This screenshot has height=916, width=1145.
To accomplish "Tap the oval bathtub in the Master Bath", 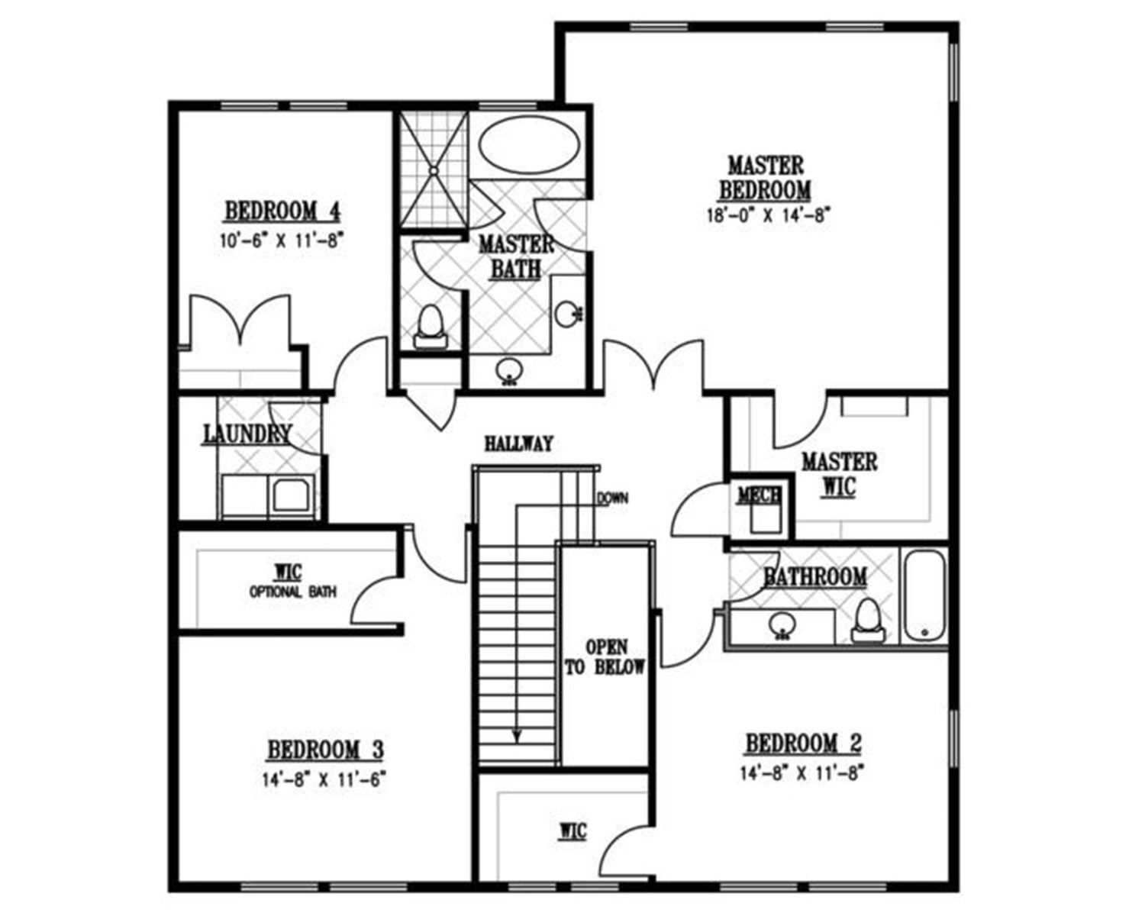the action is click(529, 145).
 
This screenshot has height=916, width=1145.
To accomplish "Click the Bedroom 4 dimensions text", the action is click(280, 240).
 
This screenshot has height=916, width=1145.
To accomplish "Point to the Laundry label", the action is click(248, 434).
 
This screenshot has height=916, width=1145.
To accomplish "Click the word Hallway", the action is click(518, 444).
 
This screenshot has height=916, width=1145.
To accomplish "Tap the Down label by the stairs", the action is click(612, 498).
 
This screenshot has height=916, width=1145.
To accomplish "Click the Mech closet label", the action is click(759, 496).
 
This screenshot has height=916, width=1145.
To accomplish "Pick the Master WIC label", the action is click(839, 474).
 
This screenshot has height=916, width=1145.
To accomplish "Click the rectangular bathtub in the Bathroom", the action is click(924, 597).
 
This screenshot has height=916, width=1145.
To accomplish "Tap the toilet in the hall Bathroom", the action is click(867, 620).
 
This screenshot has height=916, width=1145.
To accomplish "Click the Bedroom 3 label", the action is click(325, 750).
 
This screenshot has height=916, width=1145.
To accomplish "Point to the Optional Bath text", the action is click(292, 592).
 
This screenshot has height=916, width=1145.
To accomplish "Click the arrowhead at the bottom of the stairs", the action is click(515, 736).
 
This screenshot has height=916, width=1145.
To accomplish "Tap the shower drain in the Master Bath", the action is click(434, 171).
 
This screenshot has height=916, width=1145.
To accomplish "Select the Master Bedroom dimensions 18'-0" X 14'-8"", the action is click(768, 215).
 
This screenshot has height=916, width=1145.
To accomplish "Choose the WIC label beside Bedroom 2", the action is click(573, 831).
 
